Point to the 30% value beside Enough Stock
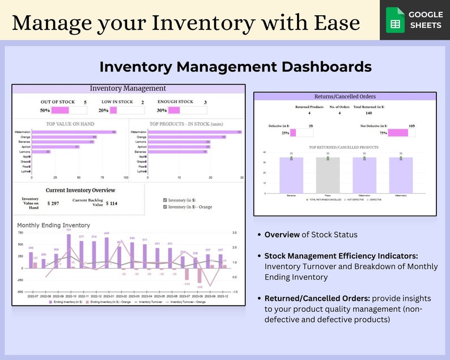click(x=162, y=111)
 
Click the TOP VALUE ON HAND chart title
click(x=70, y=123)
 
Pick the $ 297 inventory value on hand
click(x=53, y=204)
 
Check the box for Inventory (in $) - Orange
click(x=164, y=207)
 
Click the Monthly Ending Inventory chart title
click(x=53, y=225)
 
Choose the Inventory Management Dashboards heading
click(x=235, y=66)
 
